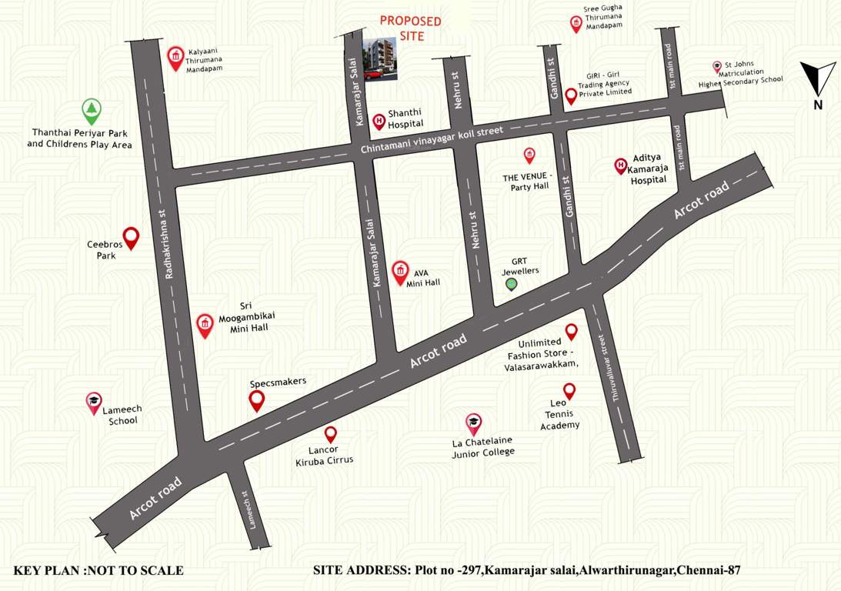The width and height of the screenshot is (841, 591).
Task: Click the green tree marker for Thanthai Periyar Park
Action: [92, 112]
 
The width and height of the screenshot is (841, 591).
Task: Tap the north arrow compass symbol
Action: [817, 80]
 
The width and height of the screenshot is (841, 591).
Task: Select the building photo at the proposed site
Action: [381, 58]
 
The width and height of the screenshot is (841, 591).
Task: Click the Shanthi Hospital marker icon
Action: [379, 121]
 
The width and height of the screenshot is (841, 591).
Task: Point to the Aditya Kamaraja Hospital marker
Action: [620, 165]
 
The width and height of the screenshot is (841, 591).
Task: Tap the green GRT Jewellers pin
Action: [511, 285]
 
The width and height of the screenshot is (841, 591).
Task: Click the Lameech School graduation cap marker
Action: [93, 402]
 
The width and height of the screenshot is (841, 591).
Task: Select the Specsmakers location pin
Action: [257, 400]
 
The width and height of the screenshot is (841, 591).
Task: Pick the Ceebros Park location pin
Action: [131, 238]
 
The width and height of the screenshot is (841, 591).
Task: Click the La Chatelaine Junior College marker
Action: [473, 423]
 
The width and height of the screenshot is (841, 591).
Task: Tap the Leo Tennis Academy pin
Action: [569, 391]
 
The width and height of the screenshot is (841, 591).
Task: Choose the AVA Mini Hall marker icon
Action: [399, 272]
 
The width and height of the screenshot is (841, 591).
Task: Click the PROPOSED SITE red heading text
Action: [411, 28]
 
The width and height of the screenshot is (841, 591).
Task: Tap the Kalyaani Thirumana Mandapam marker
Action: [176, 58]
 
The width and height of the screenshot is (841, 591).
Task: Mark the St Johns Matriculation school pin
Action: [717, 67]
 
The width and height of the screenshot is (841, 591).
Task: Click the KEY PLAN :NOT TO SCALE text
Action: [98, 570]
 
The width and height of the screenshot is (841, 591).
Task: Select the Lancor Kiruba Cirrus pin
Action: [330, 435]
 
